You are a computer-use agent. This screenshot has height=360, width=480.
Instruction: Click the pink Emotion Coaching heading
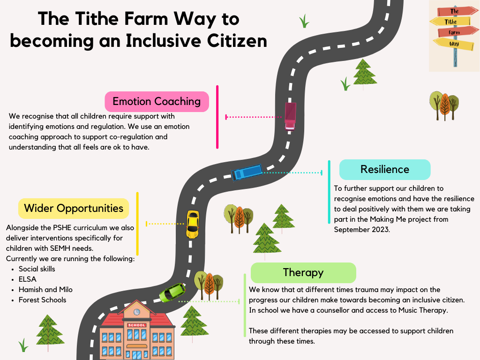(x=157, y=102)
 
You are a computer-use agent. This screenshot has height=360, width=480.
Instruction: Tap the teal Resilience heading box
(x=385, y=170)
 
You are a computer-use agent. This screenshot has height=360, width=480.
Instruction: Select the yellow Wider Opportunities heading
(x=74, y=209)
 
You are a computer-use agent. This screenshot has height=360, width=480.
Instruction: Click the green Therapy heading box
(x=303, y=273)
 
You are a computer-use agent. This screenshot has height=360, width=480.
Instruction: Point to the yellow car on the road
(x=193, y=225)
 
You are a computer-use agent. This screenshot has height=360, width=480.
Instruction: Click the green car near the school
(x=172, y=292)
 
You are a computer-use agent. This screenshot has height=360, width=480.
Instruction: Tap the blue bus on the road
(x=247, y=172)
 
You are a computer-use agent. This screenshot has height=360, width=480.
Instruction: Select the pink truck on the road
(x=290, y=116)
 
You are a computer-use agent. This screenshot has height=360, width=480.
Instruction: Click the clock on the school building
(x=137, y=312)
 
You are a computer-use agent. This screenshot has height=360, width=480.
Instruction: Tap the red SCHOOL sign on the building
(x=137, y=325)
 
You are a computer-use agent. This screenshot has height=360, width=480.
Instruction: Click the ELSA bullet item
(x=28, y=279)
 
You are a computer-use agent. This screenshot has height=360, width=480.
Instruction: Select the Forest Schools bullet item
(x=42, y=300)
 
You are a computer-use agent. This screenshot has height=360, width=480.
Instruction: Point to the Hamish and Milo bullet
(x=45, y=290)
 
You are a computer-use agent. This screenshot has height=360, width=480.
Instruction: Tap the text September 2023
(x=362, y=230)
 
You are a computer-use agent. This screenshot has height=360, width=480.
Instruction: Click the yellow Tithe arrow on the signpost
(x=450, y=22)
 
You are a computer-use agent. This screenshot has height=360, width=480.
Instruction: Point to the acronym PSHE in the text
(x=62, y=228)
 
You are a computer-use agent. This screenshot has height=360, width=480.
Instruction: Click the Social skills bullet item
(x=37, y=269)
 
